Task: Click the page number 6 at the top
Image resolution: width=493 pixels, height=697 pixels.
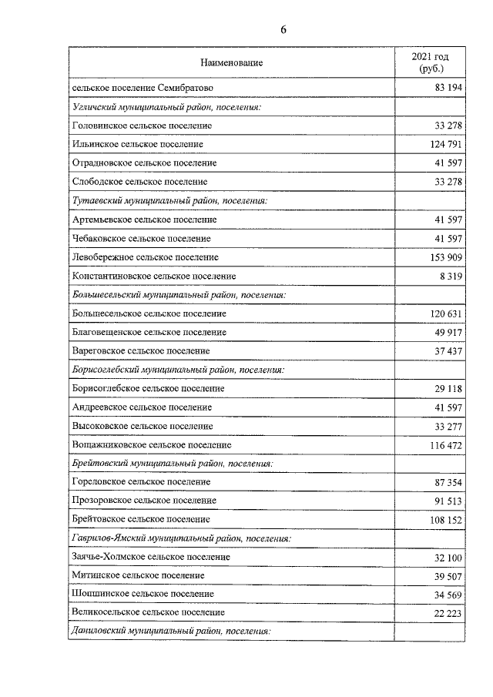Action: point(283,30)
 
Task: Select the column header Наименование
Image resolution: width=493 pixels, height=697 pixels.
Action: point(231,62)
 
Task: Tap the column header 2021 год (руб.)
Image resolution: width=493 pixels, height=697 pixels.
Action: point(429,62)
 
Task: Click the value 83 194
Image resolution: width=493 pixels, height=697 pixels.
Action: point(448,89)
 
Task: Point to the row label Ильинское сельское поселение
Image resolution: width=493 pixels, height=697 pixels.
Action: point(137,144)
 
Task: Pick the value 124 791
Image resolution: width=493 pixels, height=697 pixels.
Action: point(445,144)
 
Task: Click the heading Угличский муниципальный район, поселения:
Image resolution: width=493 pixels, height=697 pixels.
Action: point(166,107)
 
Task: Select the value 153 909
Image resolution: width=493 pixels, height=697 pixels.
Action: point(445,257)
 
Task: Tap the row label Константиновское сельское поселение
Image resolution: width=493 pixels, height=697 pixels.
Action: point(153,276)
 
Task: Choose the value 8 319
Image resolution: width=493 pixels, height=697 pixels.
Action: point(451,276)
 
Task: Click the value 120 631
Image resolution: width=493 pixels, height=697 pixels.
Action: point(445,313)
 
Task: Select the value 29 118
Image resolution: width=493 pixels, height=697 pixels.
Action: point(448,388)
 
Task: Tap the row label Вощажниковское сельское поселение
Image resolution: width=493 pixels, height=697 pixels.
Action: point(151,444)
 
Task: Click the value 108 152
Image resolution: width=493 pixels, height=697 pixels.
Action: point(445,520)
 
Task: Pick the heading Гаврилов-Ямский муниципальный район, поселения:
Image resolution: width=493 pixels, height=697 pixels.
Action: point(180,538)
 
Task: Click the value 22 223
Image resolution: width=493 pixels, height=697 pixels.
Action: point(448,612)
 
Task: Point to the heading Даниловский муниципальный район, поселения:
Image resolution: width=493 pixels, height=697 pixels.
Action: point(171,631)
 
